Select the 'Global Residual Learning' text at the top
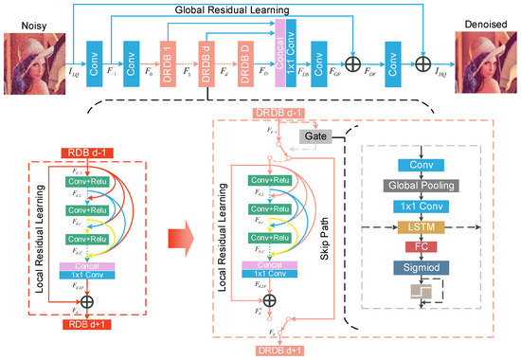[248, 10]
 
